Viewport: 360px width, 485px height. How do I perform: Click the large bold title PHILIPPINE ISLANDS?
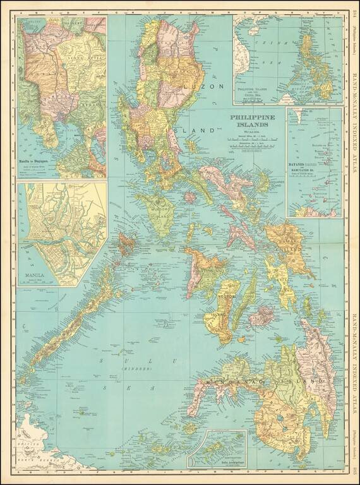click(247, 121)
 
